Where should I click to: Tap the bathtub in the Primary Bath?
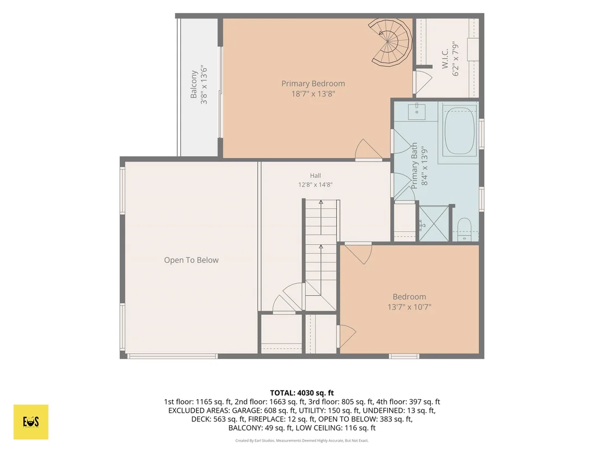[459, 131]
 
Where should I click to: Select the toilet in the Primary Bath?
[464, 229]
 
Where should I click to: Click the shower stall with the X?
[434, 224]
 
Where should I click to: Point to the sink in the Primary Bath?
[416, 112]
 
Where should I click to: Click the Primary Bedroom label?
[313, 83]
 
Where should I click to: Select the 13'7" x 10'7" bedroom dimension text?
[409, 307]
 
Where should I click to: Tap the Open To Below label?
[191, 260]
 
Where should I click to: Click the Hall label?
[315, 176]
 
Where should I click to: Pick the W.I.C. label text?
[445, 58]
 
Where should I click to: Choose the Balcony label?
[194, 84]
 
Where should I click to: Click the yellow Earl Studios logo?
[31, 422]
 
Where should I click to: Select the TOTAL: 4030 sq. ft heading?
[302, 393]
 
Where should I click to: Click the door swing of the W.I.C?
[424, 80]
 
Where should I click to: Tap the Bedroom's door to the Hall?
[358, 253]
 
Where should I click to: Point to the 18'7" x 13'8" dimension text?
[313, 94]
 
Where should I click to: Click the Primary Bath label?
[414, 166]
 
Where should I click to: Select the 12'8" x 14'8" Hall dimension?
[315, 184]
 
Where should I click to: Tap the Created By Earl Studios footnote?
[302, 440]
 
